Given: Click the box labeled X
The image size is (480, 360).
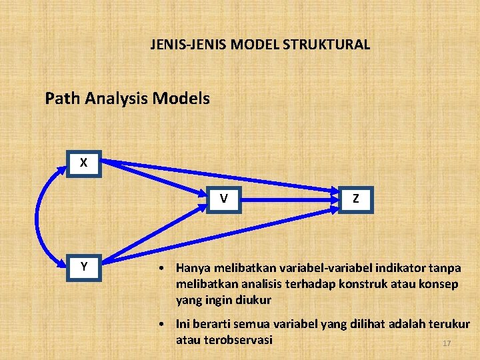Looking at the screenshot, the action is pyautogui.click(x=83, y=163).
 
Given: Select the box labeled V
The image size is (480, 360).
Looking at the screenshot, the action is pyautogui.click(x=225, y=198).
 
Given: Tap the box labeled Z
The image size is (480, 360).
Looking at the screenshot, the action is pyautogui.click(x=356, y=198).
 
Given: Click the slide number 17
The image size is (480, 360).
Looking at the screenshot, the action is pyautogui.click(x=447, y=343).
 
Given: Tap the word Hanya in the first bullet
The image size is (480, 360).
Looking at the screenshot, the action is pyautogui.click(x=193, y=268).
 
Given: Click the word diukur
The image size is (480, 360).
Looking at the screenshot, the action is pyautogui.click(x=253, y=300).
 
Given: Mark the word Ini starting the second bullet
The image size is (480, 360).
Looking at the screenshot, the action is pyautogui.click(x=185, y=324).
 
